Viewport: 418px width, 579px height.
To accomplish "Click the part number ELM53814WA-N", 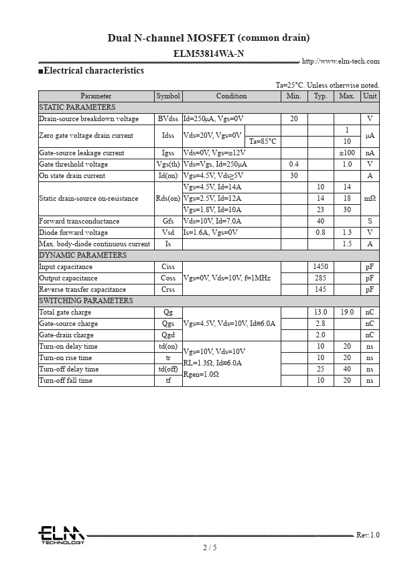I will pyautogui.click(x=208, y=53).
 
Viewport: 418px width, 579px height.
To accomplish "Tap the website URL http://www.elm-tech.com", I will pyautogui.click(x=340, y=62).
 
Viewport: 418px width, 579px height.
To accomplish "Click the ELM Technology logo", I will pyautogui.click(x=61, y=535).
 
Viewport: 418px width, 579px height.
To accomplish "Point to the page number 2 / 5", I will pyautogui.click(x=210, y=548).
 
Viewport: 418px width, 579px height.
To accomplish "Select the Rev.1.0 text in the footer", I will pyautogui.click(x=367, y=535).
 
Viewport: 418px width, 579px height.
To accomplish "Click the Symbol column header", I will pyautogui.click(x=168, y=96).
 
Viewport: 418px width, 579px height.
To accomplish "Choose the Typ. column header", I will pyautogui.click(x=320, y=96).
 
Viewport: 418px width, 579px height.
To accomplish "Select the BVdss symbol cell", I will pyautogui.click(x=168, y=118).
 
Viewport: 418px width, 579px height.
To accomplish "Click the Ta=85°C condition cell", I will pyautogui.click(x=263, y=141).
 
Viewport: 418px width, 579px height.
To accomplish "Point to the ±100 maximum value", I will pyautogui.click(x=346, y=153).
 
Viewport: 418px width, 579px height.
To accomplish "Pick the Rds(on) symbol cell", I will pyautogui.click(x=168, y=198).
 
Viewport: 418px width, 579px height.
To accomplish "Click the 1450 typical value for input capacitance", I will pyautogui.click(x=320, y=266).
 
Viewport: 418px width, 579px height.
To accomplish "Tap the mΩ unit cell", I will pyautogui.click(x=370, y=198).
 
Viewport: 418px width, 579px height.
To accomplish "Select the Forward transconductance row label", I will pyautogui.click(x=79, y=221).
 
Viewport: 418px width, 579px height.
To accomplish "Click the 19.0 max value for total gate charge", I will pyautogui.click(x=346, y=312).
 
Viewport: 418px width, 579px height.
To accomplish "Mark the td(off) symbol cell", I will pyautogui.click(x=168, y=369).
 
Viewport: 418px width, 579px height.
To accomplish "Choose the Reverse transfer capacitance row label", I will pyautogui.click(x=82, y=289).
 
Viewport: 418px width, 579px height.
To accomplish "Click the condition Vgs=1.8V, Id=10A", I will pyautogui.click(x=212, y=210).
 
